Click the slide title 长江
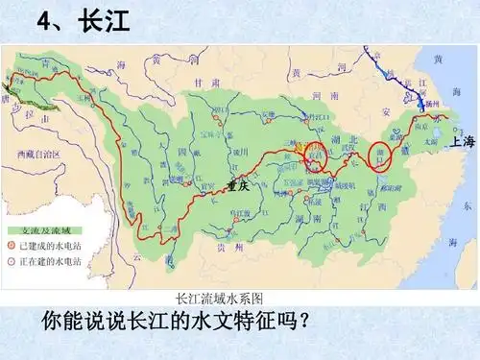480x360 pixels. pos(106,22)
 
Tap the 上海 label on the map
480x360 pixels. pos(462,142)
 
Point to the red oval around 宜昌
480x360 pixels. pos(315,152)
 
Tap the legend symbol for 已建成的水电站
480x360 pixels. pos(12,247)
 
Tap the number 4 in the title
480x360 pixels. pos(45,22)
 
